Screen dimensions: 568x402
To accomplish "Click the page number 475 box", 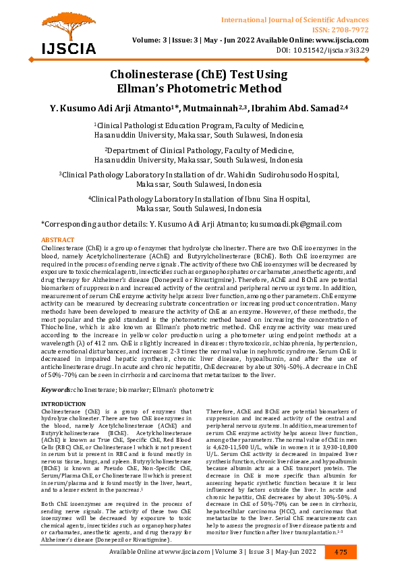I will coord(340,552).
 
